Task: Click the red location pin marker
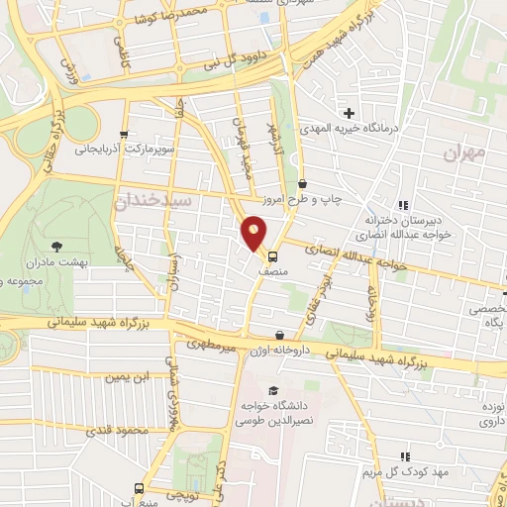click(x=254, y=233)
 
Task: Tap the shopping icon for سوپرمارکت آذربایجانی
click(x=122, y=135)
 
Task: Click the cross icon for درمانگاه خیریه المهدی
click(x=348, y=112)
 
